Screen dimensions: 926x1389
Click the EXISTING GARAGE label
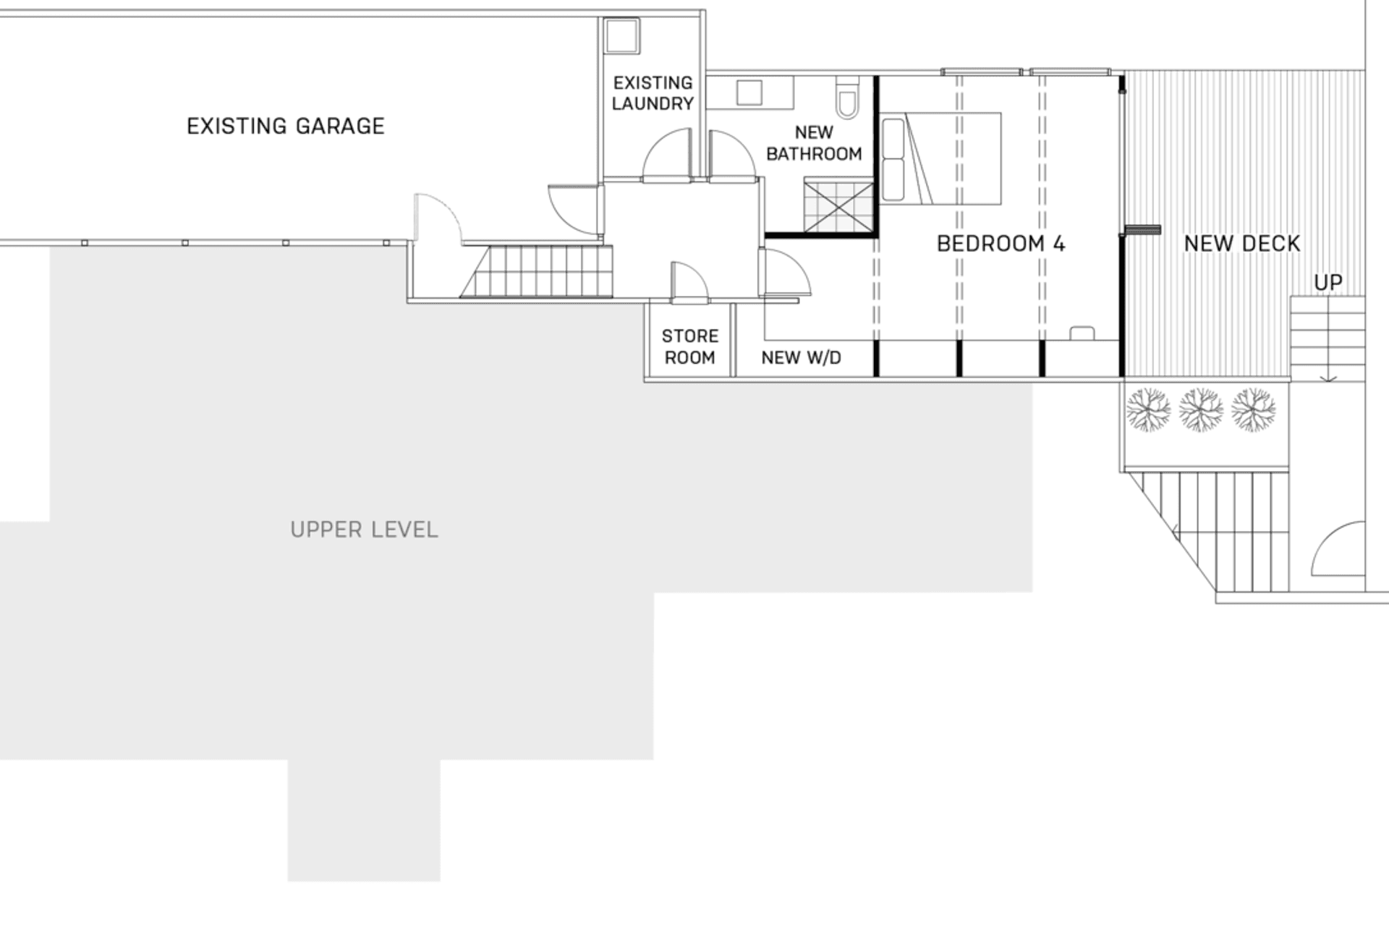pyautogui.click(x=286, y=127)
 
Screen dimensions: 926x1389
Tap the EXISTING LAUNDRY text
pyautogui.click(x=653, y=93)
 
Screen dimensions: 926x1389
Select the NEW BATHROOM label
pyautogui.click(x=814, y=143)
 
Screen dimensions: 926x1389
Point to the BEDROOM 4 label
pyautogui.click(x=1001, y=244)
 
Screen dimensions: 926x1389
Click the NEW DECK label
pyautogui.click(x=1241, y=244)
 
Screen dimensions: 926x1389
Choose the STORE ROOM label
pyautogui.click(x=689, y=347)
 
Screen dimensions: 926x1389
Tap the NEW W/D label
pyautogui.click(x=801, y=357)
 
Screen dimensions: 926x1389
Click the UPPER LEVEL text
pyautogui.click(x=364, y=530)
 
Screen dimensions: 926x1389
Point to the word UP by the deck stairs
pyautogui.click(x=1328, y=282)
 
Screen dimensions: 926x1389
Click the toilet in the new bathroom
pyautogui.click(x=847, y=98)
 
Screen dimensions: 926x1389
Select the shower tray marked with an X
pyautogui.click(x=838, y=207)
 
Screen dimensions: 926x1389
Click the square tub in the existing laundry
pyautogui.click(x=621, y=36)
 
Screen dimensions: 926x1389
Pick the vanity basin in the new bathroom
pyautogui.click(x=749, y=93)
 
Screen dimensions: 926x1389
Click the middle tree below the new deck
pyautogui.click(x=1201, y=409)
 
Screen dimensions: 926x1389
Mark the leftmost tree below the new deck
pyautogui.click(x=1148, y=409)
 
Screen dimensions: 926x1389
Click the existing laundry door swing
pyautogui.click(x=666, y=156)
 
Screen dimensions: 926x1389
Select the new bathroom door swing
pyautogui.click(x=731, y=156)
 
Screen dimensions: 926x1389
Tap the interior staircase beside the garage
pyautogui.click(x=539, y=271)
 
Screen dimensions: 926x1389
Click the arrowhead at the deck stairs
pyautogui.click(x=1328, y=378)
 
